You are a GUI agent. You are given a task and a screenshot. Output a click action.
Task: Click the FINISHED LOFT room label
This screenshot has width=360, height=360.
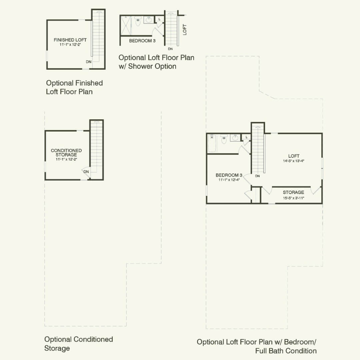[x=70, y=40]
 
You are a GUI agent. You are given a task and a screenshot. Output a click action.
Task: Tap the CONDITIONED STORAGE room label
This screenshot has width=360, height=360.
[x=66, y=153]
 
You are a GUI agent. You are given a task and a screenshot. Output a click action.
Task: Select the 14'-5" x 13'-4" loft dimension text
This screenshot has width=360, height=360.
[x=293, y=161]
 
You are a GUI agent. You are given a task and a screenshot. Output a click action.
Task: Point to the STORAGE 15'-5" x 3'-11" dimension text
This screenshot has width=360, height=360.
[x=293, y=198]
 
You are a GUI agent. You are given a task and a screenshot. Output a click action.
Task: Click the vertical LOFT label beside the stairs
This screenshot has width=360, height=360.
[x=185, y=30]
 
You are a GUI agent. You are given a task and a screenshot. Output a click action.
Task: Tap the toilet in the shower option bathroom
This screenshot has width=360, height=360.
[x=138, y=21]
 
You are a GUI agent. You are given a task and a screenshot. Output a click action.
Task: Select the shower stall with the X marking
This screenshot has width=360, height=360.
[x=126, y=25]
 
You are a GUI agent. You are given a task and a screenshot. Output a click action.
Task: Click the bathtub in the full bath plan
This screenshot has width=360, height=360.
[x=212, y=143]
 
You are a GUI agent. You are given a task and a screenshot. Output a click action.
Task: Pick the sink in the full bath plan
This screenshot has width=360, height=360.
[x=235, y=138]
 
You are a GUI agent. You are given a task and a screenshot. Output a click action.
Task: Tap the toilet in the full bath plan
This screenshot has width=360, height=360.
[x=224, y=139]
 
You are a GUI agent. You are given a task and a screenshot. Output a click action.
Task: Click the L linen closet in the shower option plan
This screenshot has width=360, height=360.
[x=160, y=19]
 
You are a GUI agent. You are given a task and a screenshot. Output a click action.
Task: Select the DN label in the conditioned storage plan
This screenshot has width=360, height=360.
[x=86, y=172]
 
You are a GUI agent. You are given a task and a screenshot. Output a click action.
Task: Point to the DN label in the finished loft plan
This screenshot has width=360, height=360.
[x=89, y=62]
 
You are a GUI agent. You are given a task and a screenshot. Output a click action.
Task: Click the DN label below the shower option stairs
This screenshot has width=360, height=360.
[x=170, y=49]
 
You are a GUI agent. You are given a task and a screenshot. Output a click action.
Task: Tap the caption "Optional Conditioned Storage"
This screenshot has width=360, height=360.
[x=79, y=344]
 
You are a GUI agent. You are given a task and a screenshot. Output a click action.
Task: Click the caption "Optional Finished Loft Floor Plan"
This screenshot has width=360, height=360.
[x=74, y=87]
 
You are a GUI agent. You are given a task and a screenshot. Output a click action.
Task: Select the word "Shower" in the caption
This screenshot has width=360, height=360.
[x=141, y=66]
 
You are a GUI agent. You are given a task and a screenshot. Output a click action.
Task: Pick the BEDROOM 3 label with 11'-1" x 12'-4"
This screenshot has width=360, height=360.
[x=229, y=177]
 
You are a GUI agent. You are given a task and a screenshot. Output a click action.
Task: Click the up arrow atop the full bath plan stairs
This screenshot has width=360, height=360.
[x=258, y=127]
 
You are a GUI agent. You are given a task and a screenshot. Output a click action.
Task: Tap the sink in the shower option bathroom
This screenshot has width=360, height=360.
[x=149, y=20]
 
